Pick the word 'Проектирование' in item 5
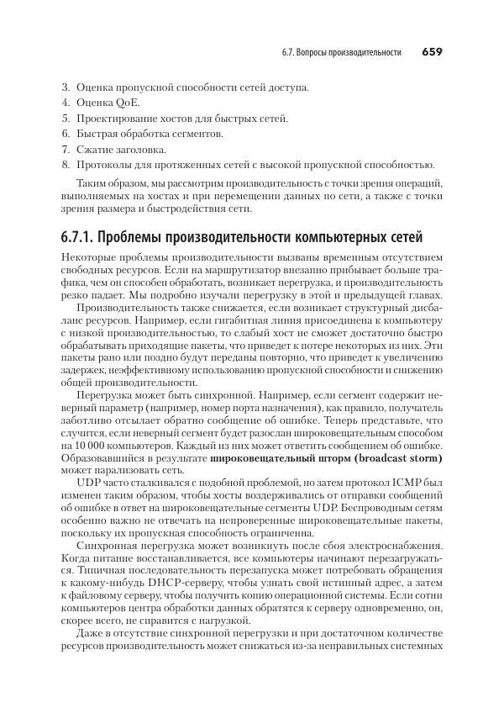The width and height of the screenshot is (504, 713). tap(118, 118)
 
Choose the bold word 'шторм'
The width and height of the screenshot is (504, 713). tap(315, 457)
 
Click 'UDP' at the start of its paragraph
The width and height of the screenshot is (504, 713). tap(89, 484)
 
